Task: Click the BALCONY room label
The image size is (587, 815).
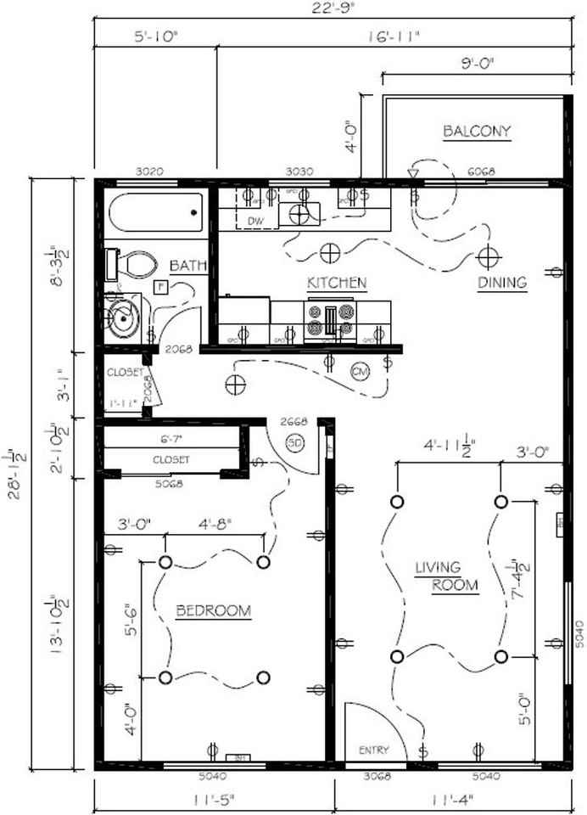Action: point(477,132)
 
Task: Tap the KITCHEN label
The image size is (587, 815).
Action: point(336,282)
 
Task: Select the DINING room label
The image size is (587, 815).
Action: point(501,282)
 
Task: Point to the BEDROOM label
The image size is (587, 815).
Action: point(214,610)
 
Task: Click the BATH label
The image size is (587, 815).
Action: point(187,267)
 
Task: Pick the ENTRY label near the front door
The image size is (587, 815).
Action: point(373,750)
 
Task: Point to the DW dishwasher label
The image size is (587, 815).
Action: point(255,222)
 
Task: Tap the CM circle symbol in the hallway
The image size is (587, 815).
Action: point(360,372)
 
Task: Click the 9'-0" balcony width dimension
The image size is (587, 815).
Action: point(478,63)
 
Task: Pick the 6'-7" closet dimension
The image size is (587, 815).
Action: point(172,440)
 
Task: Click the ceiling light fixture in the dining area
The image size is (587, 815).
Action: point(487,254)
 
